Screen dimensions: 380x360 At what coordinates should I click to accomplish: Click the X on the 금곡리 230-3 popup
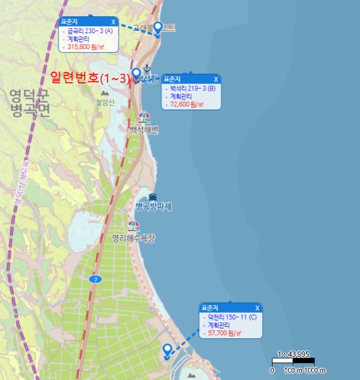113,22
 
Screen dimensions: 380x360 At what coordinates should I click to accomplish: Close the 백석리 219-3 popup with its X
216,79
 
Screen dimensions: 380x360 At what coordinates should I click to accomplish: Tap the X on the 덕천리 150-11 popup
257,308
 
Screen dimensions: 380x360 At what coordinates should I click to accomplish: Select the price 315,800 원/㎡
86,47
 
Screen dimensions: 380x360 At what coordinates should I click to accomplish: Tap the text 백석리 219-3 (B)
192,88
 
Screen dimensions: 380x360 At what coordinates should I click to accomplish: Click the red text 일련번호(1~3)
90,78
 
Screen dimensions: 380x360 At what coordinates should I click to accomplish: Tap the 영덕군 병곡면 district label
29,104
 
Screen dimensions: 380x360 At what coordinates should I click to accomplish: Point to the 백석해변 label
144,130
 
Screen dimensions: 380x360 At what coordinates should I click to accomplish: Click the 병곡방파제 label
154,207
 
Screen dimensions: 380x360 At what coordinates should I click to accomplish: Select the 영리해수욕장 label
134,238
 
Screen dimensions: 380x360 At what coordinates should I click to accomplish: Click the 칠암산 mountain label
105,102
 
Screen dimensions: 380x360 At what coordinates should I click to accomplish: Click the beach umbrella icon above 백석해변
144,117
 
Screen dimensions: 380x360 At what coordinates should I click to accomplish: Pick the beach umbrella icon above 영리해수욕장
133,225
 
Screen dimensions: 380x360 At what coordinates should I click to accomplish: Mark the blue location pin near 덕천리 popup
168,350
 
